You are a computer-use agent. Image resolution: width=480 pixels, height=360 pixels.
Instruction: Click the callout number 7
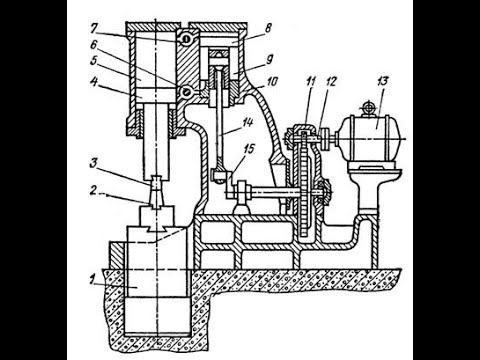point(93,29)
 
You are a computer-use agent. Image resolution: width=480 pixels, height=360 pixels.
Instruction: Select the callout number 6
point(93,44)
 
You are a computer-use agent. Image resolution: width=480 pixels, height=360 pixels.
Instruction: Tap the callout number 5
point(93,61)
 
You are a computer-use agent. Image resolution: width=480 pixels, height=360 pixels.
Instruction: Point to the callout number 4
point(94,82)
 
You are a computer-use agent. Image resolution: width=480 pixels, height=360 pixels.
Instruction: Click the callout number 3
point(93,163)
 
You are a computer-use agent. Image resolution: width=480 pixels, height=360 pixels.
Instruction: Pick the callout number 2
point(94,191)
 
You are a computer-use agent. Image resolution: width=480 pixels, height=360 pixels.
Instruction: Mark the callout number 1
point(92,280)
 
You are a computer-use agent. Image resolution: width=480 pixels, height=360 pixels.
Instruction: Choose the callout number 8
point(268,28)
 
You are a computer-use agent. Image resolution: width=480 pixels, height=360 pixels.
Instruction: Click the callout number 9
point(269,59)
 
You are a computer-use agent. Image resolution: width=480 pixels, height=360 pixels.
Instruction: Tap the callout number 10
point(272,81)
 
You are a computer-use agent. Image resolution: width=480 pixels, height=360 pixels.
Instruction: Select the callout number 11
point(311,82)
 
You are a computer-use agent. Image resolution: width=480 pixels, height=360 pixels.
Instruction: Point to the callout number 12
point(331,82)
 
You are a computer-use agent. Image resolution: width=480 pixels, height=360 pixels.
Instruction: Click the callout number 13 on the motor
point(383,82)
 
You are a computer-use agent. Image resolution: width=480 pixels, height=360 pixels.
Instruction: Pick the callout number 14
point(247,122)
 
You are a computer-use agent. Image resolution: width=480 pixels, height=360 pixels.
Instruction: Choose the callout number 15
point(248,149)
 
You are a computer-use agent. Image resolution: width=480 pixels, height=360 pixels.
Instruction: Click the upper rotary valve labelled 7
point(186,39)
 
